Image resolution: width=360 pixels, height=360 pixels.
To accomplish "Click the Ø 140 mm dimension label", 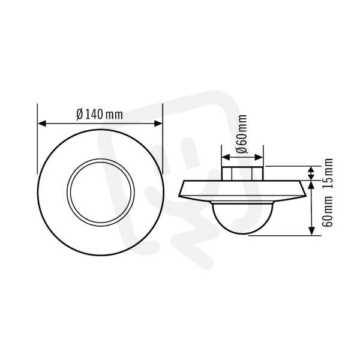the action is (100, 115).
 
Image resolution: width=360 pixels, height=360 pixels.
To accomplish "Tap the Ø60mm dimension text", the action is (242, 134).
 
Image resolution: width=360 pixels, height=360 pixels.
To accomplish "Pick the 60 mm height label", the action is (328, 211).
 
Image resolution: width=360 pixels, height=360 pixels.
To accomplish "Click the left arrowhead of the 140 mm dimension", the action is (42, 124).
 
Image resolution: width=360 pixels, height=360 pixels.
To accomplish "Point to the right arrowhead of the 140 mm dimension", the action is (158, 124).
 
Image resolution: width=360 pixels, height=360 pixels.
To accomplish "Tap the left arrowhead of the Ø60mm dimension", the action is (226, 157).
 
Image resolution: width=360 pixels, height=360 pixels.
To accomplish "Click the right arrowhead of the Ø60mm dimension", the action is (259, 157).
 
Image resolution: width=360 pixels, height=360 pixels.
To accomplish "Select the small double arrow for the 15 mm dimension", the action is (311, 173).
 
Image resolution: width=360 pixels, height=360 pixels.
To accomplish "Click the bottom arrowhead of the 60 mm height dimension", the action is (311, 231).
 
